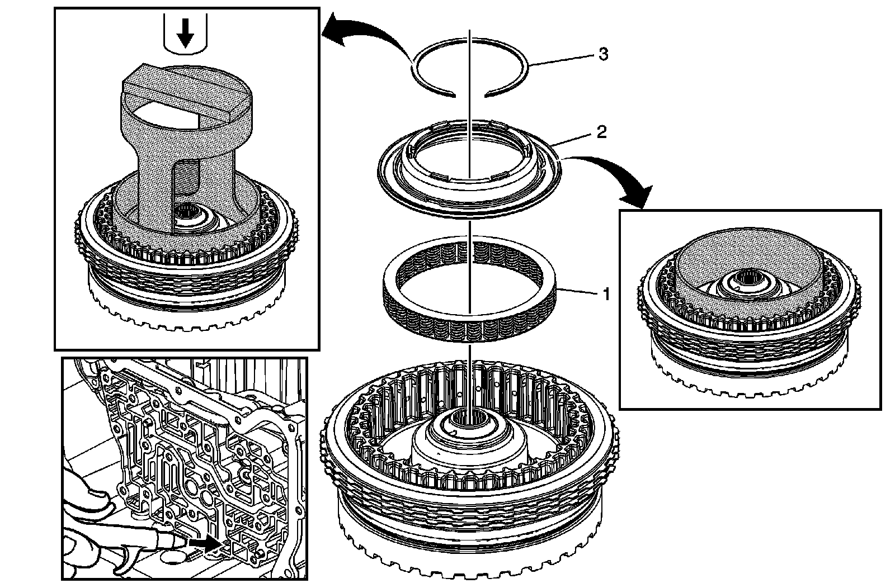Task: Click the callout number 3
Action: click(603, 54)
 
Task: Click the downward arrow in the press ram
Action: click(185, 37)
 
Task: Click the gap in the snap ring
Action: click(469, 95)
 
